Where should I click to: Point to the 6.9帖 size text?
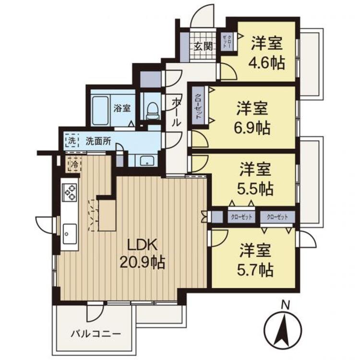tap(252, 128)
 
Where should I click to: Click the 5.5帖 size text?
tap(255, 188)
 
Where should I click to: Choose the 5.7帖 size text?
tap(255, 269)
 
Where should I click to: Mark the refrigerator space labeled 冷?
tap(74, 164)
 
